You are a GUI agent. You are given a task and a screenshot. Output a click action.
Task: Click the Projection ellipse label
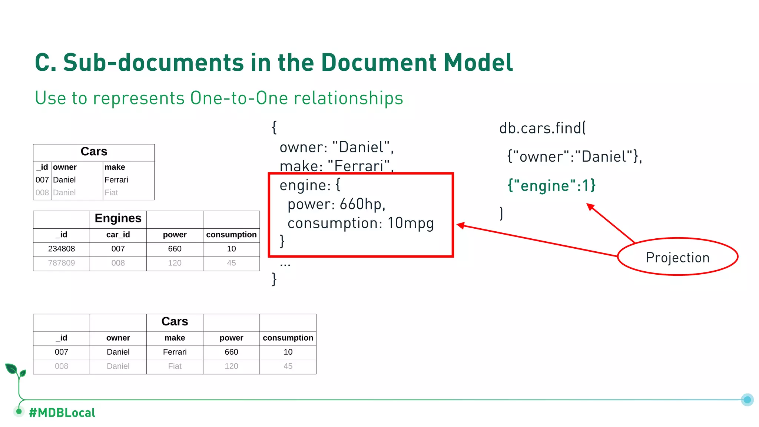pyautogui.click(x=677, y=257)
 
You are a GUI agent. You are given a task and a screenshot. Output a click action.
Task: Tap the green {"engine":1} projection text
pyautogui.click(x=551, y=185)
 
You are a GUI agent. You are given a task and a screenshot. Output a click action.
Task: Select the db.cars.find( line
pyautogui.click(x=542, y=128)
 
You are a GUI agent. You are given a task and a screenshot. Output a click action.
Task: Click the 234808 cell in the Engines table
pyautogui.click(x=62, y=249)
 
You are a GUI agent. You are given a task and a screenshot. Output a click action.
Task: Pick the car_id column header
pyautogui.click(x=118, y=235)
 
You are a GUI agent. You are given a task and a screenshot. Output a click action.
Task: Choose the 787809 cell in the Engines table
pyautogui.click(x=62, y=263)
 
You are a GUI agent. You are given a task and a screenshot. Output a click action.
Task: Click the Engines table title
pyautogui.click(x=118, y=218)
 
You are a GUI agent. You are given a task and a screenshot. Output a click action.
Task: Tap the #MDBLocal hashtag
pyautogui.click(x=62, y=413)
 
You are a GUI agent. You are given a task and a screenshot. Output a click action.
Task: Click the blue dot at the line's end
pyautogui.click(x=747, y=400)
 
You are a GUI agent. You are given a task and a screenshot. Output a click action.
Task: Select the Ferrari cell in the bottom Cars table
pyautogui.click(x=175, y=352)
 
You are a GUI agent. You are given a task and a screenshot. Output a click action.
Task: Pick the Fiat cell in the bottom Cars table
pyautogui.click(x=175, y=366)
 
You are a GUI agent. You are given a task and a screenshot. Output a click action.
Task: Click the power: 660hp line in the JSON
pyautogui.click(x=337, y=204)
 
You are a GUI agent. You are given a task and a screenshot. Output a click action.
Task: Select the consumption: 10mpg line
pyautogui.click(x=360, y=223)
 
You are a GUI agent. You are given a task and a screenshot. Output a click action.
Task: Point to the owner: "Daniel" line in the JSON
pyautogui.click(x=336, y=147)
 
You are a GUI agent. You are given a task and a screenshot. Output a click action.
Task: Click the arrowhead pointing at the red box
pyautogui.click(x=461, y=225)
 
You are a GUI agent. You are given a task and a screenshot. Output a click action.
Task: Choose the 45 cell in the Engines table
pyautogui.click(x=231, y=263)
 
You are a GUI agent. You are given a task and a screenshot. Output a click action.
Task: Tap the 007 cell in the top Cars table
pyautogui.click(x=42, y=180)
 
